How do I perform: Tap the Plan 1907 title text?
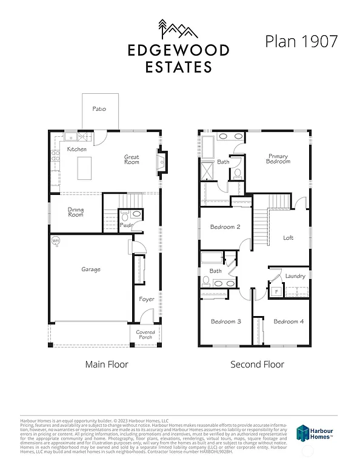coord(301,41)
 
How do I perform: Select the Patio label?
coord(99,110)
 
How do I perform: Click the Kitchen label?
coord(77,149)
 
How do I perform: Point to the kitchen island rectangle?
coord(84,165)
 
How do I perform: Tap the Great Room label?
coord(132,159)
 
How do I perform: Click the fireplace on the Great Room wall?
coord(162,161)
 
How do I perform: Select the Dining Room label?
coord(76,213)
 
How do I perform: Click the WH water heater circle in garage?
coord(56,241)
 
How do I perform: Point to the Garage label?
coord(91,269)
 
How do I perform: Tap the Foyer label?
coord(146,299)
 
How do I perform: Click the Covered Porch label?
coord(145,335)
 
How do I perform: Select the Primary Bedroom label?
coord(279,159)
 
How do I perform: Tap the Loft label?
coord(288,238)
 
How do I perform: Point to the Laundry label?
coord(295,276)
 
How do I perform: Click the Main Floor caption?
coord(105,364)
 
